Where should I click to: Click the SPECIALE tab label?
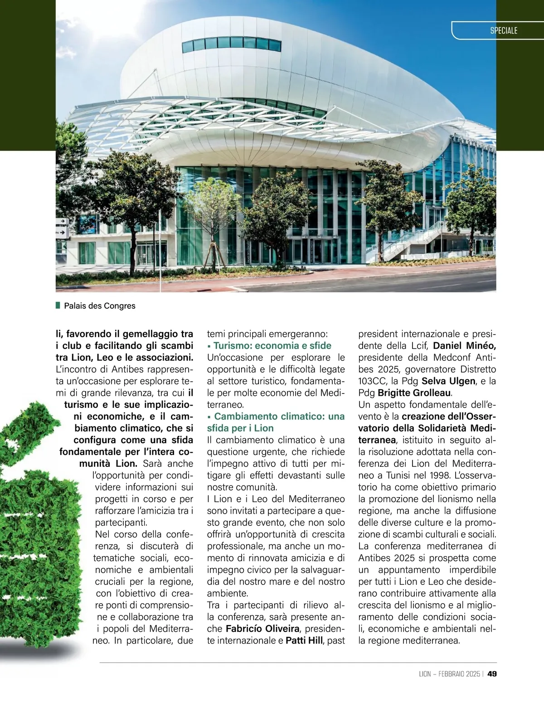click(504, 31)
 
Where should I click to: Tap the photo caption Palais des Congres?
click(100, 306)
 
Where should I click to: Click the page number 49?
click(492, 674)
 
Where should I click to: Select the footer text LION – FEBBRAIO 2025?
click(449, 674)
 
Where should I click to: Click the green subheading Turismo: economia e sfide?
click(272, 345)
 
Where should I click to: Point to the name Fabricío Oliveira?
click(262, 629)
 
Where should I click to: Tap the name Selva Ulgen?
click(448, 381)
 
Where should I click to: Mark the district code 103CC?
click(372, 381)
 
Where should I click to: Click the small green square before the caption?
click(58, 305)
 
